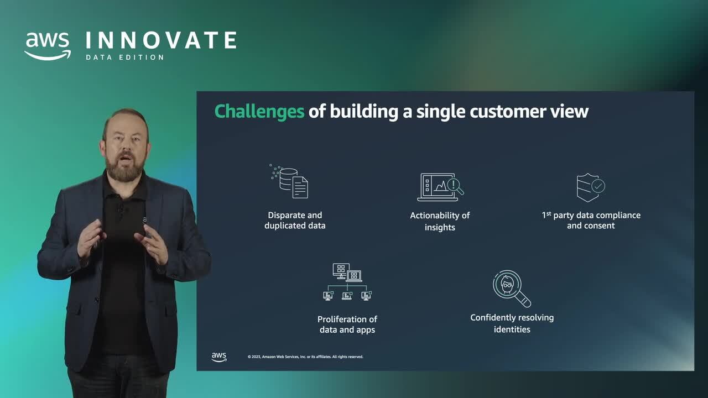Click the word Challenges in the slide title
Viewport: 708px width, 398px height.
259,111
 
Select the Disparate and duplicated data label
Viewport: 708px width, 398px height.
295,220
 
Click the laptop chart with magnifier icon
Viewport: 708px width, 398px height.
440,187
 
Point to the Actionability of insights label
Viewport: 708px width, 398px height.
440,221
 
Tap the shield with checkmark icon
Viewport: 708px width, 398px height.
590,187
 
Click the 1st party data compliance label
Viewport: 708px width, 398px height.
591,220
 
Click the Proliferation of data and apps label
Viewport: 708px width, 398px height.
347,324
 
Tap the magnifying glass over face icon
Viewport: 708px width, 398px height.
511,288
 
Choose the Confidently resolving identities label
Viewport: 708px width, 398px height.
512,323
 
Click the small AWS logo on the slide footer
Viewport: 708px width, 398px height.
219,357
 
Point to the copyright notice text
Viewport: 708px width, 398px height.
305,357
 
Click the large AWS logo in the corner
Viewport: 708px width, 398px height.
48,46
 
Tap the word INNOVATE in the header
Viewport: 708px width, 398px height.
161,41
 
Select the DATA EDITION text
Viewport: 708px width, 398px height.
125,57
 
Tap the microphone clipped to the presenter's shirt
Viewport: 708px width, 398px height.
119,210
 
